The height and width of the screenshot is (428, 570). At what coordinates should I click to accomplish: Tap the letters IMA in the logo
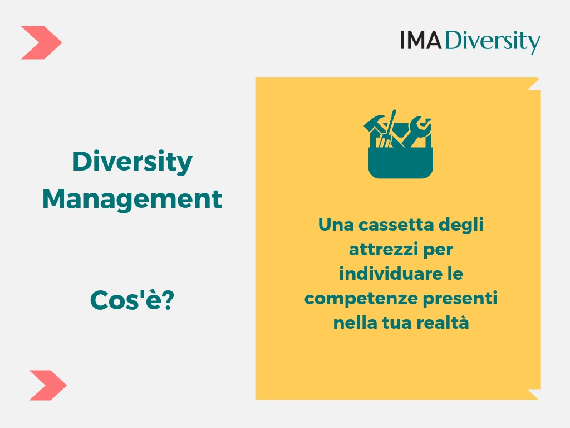[x=421, y=40]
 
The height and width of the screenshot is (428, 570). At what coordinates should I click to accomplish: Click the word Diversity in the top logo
[x=493, y=42]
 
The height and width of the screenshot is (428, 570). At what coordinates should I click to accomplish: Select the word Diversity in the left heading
[x=132, y=162]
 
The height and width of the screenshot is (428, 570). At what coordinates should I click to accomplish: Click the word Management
[x=132, y=199]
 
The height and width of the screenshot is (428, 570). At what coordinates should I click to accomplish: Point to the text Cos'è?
[x=132, y=300]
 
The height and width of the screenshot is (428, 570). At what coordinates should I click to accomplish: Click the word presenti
[x=460, y=299]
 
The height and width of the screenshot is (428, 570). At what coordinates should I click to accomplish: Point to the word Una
[x=336, y=225]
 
